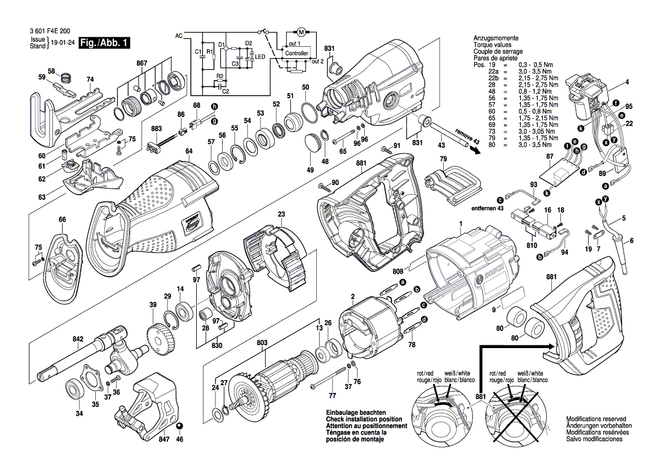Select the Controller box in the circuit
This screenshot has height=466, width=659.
point(297,53)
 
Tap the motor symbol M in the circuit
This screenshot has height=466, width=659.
point(300,30)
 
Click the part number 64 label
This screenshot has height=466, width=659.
point(189,151)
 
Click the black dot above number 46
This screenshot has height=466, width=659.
point(179,426)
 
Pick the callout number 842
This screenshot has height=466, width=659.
point(78,339)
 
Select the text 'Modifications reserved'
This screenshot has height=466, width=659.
point(598,419)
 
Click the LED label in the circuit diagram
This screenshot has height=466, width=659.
point(260,57)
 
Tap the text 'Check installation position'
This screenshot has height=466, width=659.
point(364,420)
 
